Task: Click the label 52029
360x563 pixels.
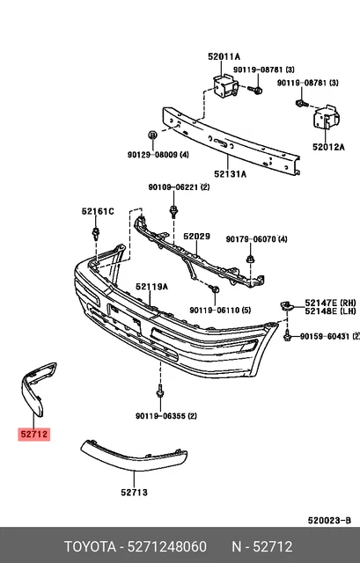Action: (196, 237)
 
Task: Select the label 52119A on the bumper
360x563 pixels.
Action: (151, 287)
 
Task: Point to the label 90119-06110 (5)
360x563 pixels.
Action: (220, 310)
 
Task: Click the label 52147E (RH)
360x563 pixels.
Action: (330, 301)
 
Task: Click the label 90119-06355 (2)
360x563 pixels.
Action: (165, 416)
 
